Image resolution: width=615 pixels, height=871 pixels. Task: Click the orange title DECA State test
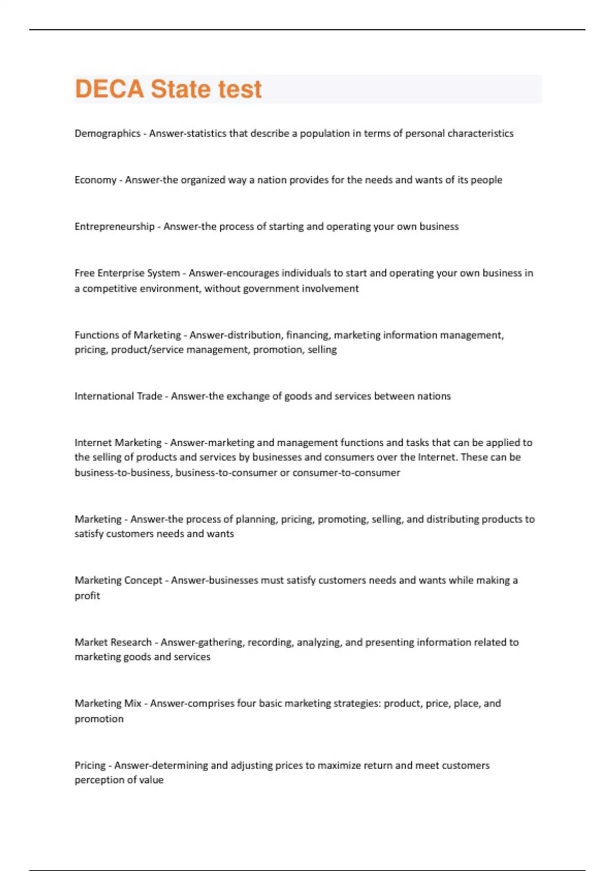(168, 89)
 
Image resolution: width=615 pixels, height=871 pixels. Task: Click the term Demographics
(107, 133)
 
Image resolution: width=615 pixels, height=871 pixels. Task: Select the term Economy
(95, 180)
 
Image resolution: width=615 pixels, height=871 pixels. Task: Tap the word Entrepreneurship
(114, 226)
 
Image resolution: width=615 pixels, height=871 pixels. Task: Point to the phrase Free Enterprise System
(127, 273)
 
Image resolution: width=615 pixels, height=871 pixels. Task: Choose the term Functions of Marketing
(128, 335)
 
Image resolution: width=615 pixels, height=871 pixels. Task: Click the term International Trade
(118, 396)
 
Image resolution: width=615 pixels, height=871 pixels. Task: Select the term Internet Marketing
(118, 443)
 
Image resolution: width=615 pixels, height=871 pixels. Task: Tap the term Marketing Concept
(118, 580)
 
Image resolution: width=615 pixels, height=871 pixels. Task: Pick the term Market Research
(113, 642)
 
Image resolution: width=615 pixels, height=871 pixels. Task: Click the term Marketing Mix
(108, 703)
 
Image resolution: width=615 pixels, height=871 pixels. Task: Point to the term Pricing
(90, 765)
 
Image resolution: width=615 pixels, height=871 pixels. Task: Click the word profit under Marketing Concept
(87, 596)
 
